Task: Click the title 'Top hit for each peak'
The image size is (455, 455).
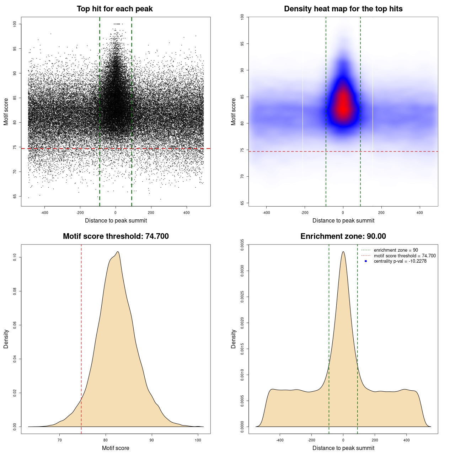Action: click(x=114, y=9)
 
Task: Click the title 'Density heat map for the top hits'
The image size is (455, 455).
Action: click(x=343, y=9)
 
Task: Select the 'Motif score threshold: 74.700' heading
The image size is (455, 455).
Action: click(x=116, y=236)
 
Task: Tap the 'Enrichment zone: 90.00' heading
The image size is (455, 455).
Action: click(x=343, y=236)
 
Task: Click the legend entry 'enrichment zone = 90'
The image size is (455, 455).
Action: click(x=396, y=250)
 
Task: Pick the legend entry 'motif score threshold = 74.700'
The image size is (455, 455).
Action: click(x=405, y=256)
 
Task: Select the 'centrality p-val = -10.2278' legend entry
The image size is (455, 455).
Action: click(x=400, y=261)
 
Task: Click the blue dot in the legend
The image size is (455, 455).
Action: click(x=366, y=261)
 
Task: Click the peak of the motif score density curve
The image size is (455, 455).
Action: click(x=118, y=252)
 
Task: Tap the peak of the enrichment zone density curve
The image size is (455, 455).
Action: click(x=343, y=252)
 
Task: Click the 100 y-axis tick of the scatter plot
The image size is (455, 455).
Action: click(x=15, y=24)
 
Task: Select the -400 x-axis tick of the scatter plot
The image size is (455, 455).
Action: click(x=44, y=213)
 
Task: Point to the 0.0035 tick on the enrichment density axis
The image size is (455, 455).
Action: click(x=242, y=245)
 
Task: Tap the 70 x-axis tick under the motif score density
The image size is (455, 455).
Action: click(x=60, y=440)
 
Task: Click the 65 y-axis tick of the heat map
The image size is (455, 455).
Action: click(x=242, y=203)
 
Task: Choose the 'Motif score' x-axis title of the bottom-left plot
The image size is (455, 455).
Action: click(x=116, y=448)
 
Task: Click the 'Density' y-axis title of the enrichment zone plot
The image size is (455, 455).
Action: click(x=234, y=339)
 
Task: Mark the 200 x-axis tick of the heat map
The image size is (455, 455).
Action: click(x=381, y=213)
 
